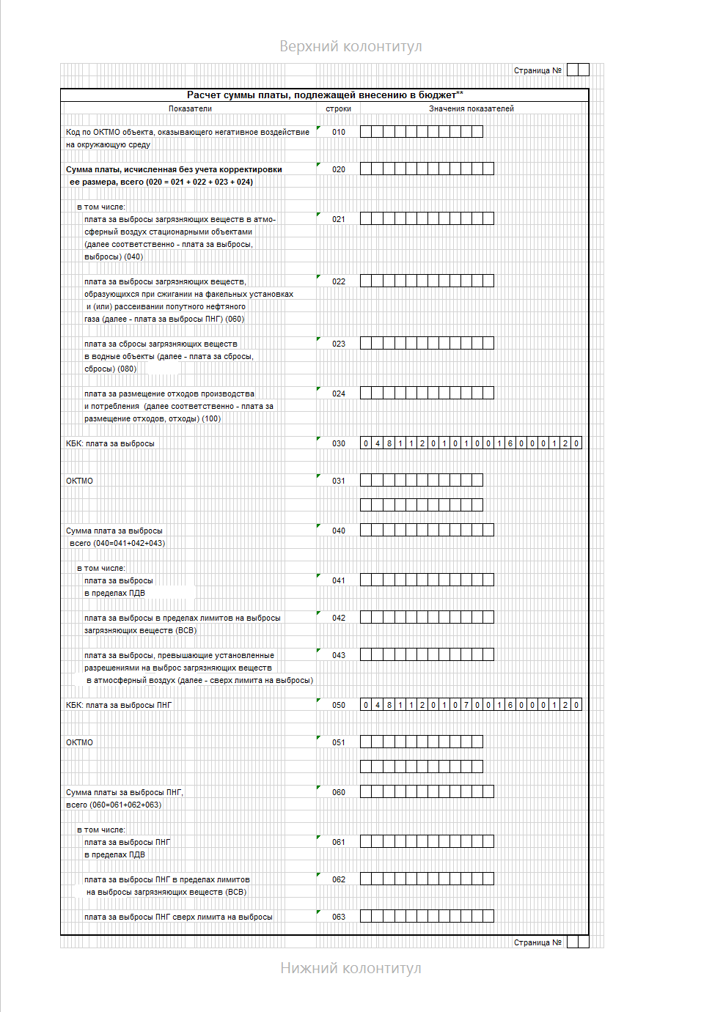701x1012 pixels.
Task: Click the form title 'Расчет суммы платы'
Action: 324,95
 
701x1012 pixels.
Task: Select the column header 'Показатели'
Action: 190,108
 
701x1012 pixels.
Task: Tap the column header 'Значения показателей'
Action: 471,108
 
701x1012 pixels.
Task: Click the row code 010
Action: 338,133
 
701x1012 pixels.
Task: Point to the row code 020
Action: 338,170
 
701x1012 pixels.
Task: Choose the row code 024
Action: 338,394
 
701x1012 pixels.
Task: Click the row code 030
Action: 338,444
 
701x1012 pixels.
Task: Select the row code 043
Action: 338,656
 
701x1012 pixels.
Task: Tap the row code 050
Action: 338,706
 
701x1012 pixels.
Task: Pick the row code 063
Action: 338,917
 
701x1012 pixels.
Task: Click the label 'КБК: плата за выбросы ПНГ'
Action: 119,706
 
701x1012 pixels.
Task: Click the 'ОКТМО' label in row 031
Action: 79,481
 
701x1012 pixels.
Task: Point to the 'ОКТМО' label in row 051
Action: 79,743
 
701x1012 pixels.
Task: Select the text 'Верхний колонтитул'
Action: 350,47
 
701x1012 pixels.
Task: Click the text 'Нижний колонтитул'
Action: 350,969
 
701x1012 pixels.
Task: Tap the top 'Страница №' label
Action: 537,71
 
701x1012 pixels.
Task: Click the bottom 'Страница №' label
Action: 537,943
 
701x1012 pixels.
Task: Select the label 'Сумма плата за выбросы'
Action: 114,531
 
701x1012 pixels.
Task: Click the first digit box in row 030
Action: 366,443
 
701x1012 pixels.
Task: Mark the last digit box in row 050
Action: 576,705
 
